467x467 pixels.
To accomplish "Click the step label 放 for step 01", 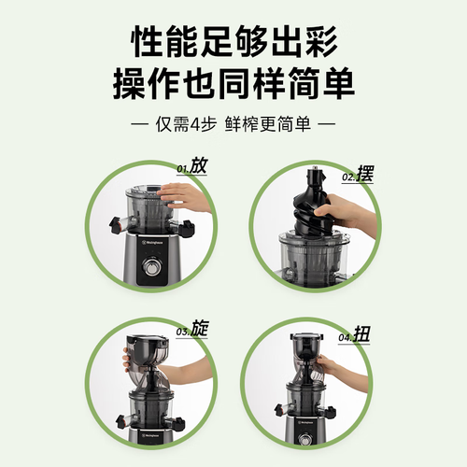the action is pos(199,165).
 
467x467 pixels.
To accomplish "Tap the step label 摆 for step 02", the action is pos(365,174).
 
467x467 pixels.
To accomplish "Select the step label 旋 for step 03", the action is pos(199,328).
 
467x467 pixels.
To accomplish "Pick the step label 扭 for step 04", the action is pos(361,334).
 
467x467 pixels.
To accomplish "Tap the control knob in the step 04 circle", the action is pos(304,439).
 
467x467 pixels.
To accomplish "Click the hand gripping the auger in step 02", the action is pos(343,210).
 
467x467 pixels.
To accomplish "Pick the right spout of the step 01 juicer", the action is pos(184,227).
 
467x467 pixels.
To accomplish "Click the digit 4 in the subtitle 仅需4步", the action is pos(194,124).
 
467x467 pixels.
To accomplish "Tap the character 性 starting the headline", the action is pos(148,41).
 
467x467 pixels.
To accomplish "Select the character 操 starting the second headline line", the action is pos(130,84).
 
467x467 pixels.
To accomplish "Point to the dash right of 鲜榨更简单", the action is pos(327,124).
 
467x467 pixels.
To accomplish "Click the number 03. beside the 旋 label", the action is pos(183,332).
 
